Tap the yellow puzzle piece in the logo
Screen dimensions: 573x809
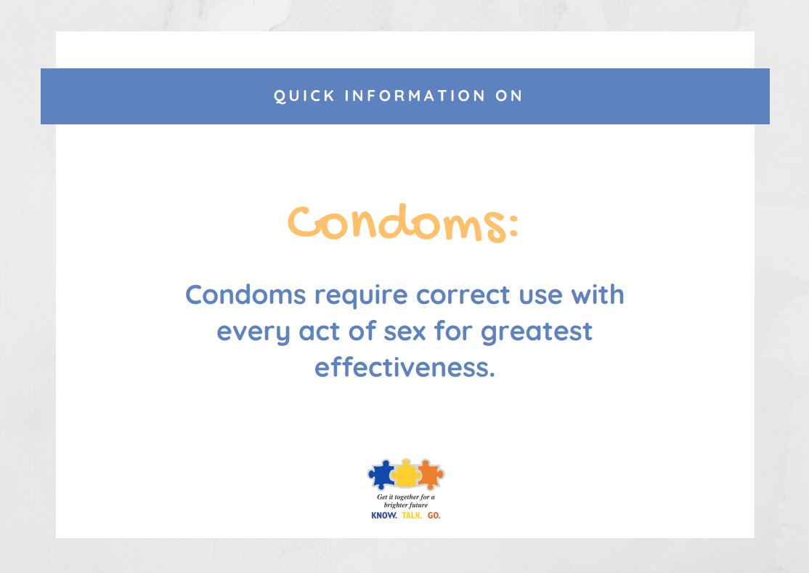click(405, 475)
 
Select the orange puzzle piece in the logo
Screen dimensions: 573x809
click(430, 475)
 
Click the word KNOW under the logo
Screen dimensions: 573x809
click(384, 515)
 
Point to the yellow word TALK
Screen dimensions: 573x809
click(412, 515)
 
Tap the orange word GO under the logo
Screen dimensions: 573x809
click(434, 515)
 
